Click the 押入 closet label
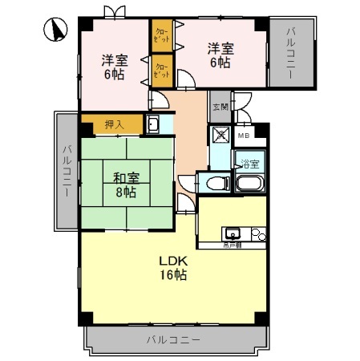(114, 124)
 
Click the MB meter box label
(244, 135)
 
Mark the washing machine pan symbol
(219, 135)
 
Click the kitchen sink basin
(233, 233)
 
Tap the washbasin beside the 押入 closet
(153, 124)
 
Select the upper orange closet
(161, 35)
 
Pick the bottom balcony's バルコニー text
(173, 339)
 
